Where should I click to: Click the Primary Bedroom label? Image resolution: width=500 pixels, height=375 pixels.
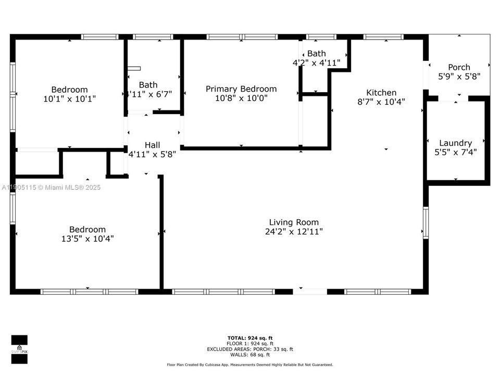pos(241,89)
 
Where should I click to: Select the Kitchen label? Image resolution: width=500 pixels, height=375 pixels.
pos(381,93)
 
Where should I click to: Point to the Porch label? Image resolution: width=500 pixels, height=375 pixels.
pos(459,67)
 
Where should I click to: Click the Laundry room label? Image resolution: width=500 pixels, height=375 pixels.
pos(455,143)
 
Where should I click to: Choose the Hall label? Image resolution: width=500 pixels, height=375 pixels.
pos(153,145)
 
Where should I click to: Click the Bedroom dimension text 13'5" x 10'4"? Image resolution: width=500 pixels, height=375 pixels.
pos(87,239)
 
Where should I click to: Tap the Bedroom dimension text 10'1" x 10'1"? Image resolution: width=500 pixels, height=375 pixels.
pos(69,98)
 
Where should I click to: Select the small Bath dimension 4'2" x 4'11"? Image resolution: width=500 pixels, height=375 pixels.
pos(316,63)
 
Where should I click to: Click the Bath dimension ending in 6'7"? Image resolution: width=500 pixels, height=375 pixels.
pos(149,94)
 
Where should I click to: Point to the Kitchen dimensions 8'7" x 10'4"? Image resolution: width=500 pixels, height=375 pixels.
pos(381,102)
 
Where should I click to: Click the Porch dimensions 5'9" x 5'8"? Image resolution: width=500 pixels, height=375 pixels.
pos(459,77)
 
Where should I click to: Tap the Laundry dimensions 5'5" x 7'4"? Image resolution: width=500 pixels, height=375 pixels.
pos(455,153)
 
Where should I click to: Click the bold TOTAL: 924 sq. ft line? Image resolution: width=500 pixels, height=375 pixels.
pos(250,338)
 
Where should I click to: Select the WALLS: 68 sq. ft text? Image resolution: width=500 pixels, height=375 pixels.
pos(250,355)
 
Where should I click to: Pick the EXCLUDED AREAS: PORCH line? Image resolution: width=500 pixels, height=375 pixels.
pos(250,349)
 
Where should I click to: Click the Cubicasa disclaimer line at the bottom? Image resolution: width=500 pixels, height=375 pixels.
pos(250,365)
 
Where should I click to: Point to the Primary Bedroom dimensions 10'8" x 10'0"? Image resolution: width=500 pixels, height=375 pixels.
pos(241,98)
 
